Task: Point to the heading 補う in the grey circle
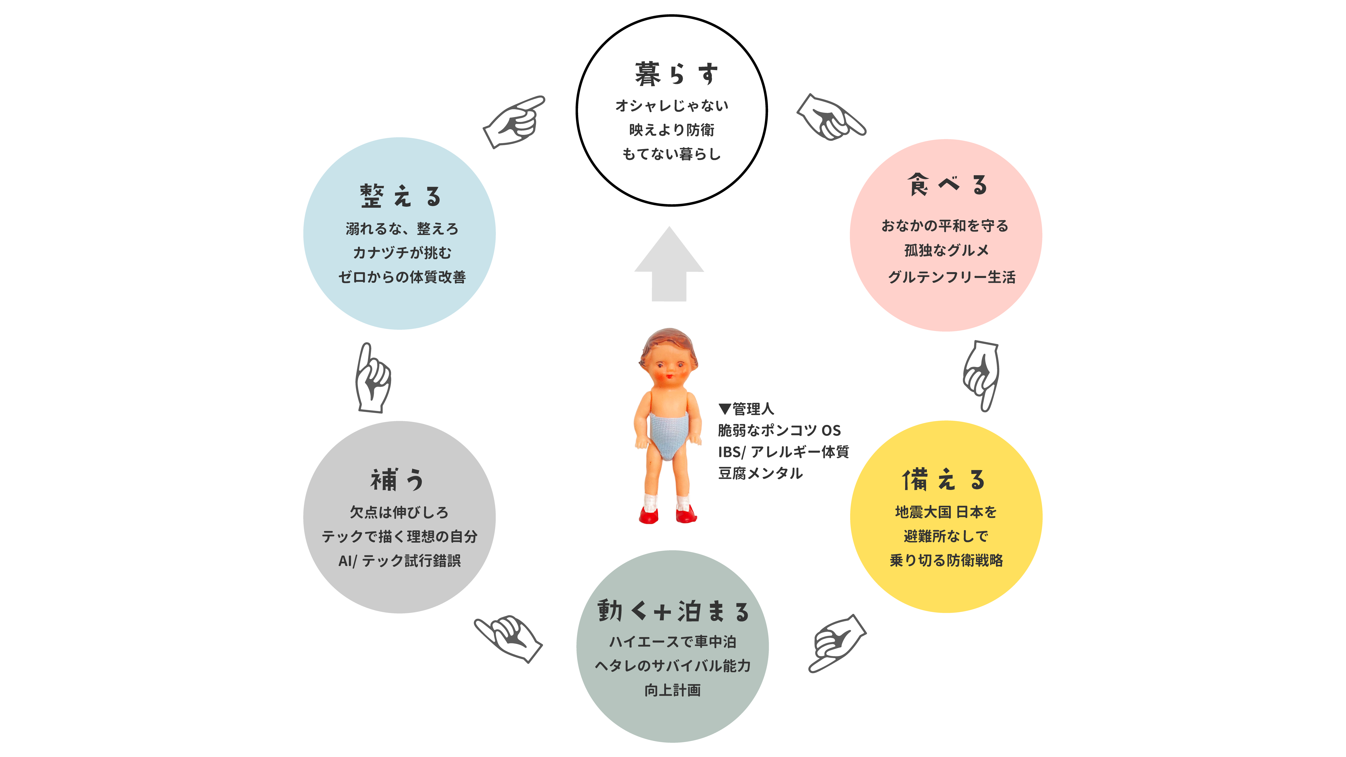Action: coord(397,480)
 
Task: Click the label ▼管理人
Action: coord(746,409)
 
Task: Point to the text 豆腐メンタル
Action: coord(760,473)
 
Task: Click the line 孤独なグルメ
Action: coord(946,250)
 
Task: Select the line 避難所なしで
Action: coord(946,536)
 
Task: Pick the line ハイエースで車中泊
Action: coord(672,642)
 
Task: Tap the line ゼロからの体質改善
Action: coord(402,277)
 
